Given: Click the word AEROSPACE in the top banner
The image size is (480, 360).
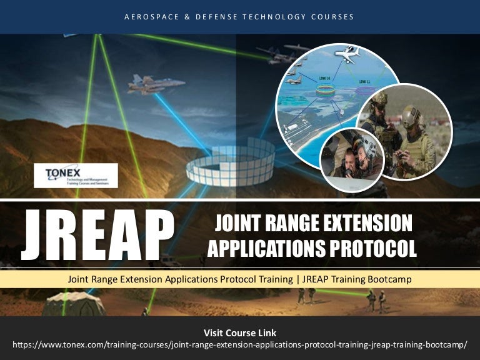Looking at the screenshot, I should coord(149,17).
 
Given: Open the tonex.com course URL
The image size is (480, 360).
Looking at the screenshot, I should coord(240,345).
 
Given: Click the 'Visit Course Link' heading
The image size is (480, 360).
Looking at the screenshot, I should coord(240,332).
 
